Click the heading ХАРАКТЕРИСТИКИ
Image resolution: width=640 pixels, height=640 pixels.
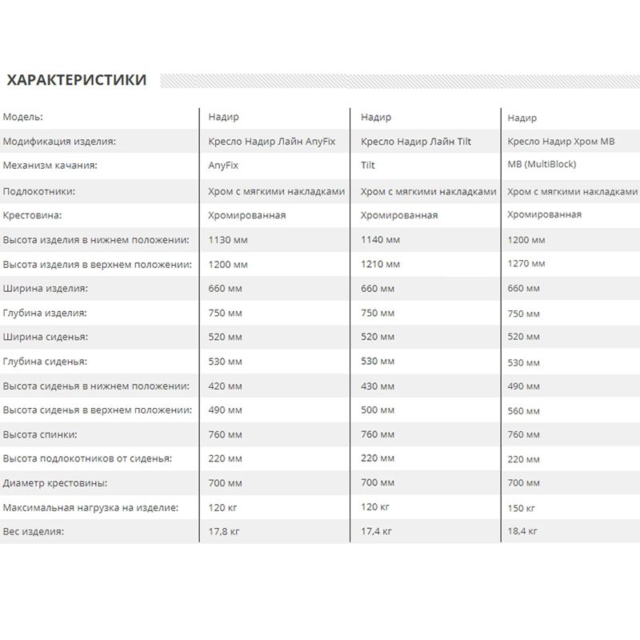pos(76,80)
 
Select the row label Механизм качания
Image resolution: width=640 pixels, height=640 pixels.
pos(50,166)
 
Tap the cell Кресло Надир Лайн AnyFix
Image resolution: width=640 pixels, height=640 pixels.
pos(271,142)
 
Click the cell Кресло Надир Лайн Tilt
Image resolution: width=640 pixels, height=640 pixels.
pos(416,142)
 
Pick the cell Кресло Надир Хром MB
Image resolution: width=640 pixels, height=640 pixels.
pos(561,142)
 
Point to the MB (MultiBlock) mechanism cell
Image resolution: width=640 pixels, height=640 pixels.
pos(542,165)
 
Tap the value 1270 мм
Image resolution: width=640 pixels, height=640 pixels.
pos(526,263)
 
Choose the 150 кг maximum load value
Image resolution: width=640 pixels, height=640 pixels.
pos(522,508)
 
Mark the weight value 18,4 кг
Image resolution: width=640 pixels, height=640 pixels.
pos(522,531)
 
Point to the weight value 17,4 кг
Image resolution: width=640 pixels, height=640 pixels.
pos(376,531)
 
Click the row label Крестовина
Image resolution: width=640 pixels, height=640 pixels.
pos(32,215)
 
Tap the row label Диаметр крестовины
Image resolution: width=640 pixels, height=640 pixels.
pos(55,483)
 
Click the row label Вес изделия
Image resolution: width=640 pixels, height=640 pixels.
pos(34,531)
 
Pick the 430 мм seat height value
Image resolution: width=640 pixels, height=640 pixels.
pos(378,386)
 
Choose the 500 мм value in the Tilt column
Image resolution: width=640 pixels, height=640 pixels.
pos(378,410)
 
